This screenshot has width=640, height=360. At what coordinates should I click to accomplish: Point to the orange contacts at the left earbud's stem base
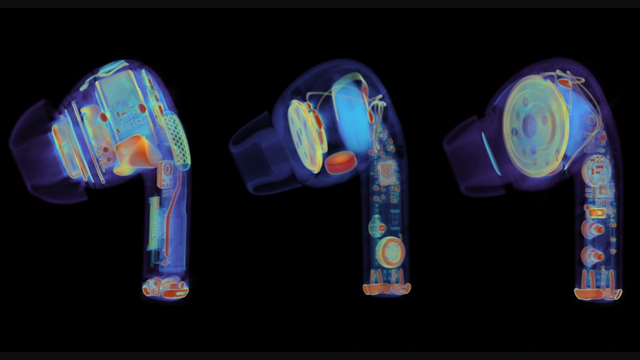[x=164, y=288]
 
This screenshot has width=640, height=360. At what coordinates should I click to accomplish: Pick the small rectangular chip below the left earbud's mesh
[x=167, y=172]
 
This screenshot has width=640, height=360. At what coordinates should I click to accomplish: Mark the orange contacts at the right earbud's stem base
[x=597, y=292]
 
